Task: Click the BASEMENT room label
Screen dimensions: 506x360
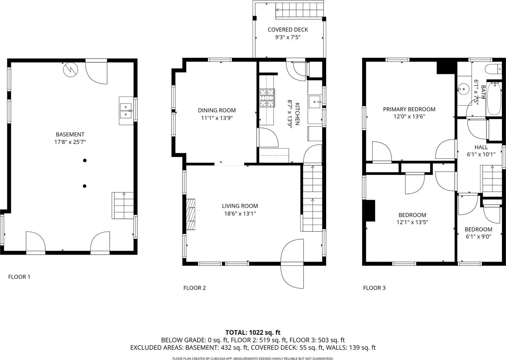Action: (x=70, y=135)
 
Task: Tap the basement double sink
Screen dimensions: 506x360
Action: (x=126, y=111)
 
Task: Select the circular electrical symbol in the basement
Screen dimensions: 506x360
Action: (x=71, y=70)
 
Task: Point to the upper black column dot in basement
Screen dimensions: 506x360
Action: (x=85, y=161)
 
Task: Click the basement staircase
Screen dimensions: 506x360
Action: (x=122, y=205)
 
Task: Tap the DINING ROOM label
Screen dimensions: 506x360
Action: (x=217, y=110)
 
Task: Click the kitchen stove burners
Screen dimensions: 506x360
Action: (x=267, y=98)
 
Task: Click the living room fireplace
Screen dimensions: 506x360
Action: (x=190, y=214)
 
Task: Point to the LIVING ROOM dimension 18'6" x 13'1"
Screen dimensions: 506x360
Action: (x=240, y=214)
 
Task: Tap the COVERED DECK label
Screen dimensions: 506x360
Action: (x=288, y=30)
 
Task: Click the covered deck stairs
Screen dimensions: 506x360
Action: (x=299, y=10)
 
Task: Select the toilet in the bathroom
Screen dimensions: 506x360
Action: (x=493, y=69)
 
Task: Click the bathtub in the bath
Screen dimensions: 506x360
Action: (x=494, y=99)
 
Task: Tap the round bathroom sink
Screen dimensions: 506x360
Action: (x=463, y=89)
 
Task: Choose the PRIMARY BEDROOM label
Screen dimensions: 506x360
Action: (x=409, y=109)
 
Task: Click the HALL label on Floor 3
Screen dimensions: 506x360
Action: (x=481, y=147)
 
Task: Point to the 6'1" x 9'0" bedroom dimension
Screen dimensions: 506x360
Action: (x=479, y=237)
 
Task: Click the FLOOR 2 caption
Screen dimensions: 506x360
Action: (x=195, y=288)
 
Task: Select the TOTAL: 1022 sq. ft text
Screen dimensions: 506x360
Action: (x=253, y=333)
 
